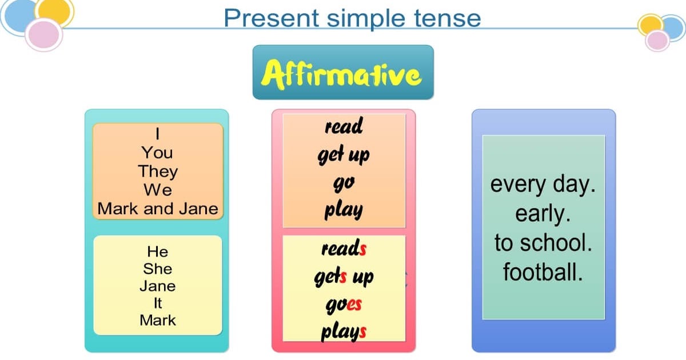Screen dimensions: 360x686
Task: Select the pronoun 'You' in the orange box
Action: point(158,153)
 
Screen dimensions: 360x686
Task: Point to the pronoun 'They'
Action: point(158,171)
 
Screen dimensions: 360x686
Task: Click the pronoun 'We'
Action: point(158,190)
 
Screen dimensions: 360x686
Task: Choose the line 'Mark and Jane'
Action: point(158,209)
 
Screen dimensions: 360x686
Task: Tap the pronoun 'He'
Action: point(158,251)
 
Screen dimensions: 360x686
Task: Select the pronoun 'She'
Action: point(158,269)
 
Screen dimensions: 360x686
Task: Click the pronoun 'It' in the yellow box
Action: point(158,303)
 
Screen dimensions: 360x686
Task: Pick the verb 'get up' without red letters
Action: point(344,155)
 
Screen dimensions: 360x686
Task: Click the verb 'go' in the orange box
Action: point(344,183)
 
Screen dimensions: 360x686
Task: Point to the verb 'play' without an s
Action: point(344,210)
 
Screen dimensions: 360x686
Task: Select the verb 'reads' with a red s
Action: point(344,249)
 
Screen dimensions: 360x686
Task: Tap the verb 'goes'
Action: point(344,304)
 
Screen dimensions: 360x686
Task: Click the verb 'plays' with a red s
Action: point(344,331)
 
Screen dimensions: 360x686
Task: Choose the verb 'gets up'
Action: point(344,277)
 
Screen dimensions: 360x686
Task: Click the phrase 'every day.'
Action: point(543,185)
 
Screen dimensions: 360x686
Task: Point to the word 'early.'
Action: point(543,214)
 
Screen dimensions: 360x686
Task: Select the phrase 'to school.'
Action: point(543,243)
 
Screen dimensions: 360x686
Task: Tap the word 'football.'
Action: point(543,272)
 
